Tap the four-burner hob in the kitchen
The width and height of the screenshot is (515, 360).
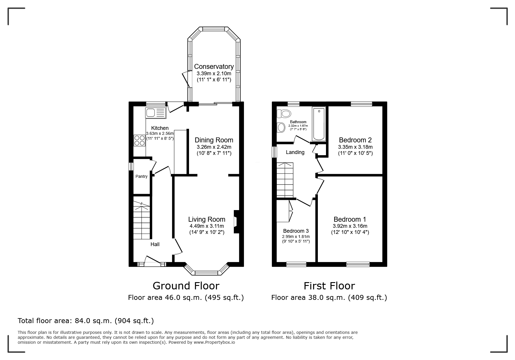(140, 141)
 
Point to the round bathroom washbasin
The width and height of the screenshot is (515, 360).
(281, 127)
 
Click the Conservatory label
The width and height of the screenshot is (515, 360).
(214, 67)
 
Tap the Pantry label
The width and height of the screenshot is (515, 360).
(141, 176)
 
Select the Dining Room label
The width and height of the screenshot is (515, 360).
(214, 140)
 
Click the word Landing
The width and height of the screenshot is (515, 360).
(295, 152)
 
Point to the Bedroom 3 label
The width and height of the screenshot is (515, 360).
(296, 231)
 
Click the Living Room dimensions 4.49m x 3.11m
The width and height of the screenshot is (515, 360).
(206, 226)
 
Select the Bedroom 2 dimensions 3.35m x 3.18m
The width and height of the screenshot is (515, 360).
(355, 147)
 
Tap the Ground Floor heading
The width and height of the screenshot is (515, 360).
(186, 286)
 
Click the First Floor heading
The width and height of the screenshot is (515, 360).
(329, 286)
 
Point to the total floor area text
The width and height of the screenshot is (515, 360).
(86, 321)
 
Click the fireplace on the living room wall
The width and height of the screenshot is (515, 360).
(236, 222)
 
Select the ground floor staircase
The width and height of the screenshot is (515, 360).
(142, 218)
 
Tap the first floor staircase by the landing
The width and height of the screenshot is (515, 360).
(285, 180)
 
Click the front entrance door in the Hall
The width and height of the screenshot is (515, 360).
(152, 261)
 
